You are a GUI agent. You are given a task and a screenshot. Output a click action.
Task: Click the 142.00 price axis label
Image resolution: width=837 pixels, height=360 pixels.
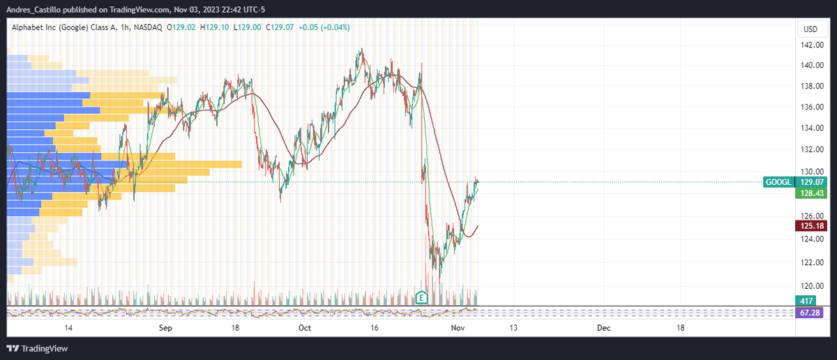click(810, 45)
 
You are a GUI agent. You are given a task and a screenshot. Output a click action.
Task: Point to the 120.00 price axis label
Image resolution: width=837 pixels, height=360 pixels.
click(810, 286)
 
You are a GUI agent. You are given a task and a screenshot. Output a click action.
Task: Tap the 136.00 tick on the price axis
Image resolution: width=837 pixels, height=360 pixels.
click(810, 107)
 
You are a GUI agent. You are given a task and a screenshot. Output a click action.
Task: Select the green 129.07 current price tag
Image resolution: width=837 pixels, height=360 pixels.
click(809, 182)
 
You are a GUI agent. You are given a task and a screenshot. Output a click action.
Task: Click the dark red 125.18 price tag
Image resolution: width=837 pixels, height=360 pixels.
click(809, 226)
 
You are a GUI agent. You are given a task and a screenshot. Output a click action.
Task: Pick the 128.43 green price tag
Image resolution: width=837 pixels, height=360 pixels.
click(809, 193)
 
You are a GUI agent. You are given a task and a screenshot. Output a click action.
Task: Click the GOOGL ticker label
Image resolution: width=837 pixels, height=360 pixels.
click(778, 182)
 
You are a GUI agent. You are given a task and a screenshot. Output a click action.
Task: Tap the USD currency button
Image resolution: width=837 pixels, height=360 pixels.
click(810, 29)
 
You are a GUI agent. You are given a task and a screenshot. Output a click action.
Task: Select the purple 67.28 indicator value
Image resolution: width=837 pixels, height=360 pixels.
click(809, 312)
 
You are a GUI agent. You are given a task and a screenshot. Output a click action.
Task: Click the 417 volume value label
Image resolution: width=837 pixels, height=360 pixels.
click(806, 300)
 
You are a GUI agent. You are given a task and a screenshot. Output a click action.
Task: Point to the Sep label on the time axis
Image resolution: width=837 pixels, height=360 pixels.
click(165, 327)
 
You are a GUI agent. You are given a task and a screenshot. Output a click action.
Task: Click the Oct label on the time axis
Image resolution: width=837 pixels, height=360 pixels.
click(305, 327)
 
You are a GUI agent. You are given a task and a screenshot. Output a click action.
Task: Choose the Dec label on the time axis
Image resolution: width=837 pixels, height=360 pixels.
click(603, 327)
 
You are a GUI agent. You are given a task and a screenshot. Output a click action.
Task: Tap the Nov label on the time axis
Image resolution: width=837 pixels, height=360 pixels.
click(458, 327)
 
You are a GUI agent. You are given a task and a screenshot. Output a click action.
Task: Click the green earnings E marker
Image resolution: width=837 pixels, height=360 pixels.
click(421, 298)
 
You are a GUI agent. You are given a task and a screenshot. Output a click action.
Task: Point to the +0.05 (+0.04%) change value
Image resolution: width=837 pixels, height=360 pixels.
click(324, 27)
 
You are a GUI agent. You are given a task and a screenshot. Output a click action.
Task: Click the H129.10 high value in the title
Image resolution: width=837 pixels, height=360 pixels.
click(216, 27)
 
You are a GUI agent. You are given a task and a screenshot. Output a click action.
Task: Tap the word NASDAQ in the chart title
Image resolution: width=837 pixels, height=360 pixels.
click(148, 27)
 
